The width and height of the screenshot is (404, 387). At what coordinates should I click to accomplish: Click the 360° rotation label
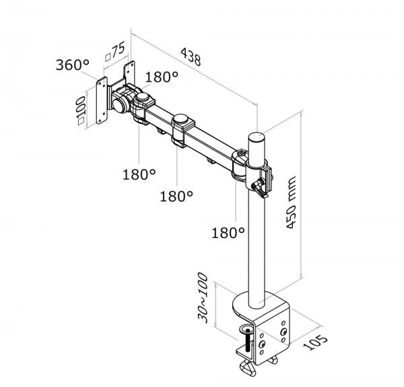tap(73, 65)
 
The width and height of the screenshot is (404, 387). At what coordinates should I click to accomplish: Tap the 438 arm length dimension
tap(191, 59)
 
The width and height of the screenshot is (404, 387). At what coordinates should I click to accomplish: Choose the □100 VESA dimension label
tap(81, 111)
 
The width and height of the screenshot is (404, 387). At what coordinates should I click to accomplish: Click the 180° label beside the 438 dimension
tap(161, 77)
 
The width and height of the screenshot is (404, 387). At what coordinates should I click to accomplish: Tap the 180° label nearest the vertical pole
tap(228, 233)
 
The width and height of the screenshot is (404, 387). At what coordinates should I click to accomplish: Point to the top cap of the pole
tap(257, 137)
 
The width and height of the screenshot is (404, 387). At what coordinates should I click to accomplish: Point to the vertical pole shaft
tap(256, 249)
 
